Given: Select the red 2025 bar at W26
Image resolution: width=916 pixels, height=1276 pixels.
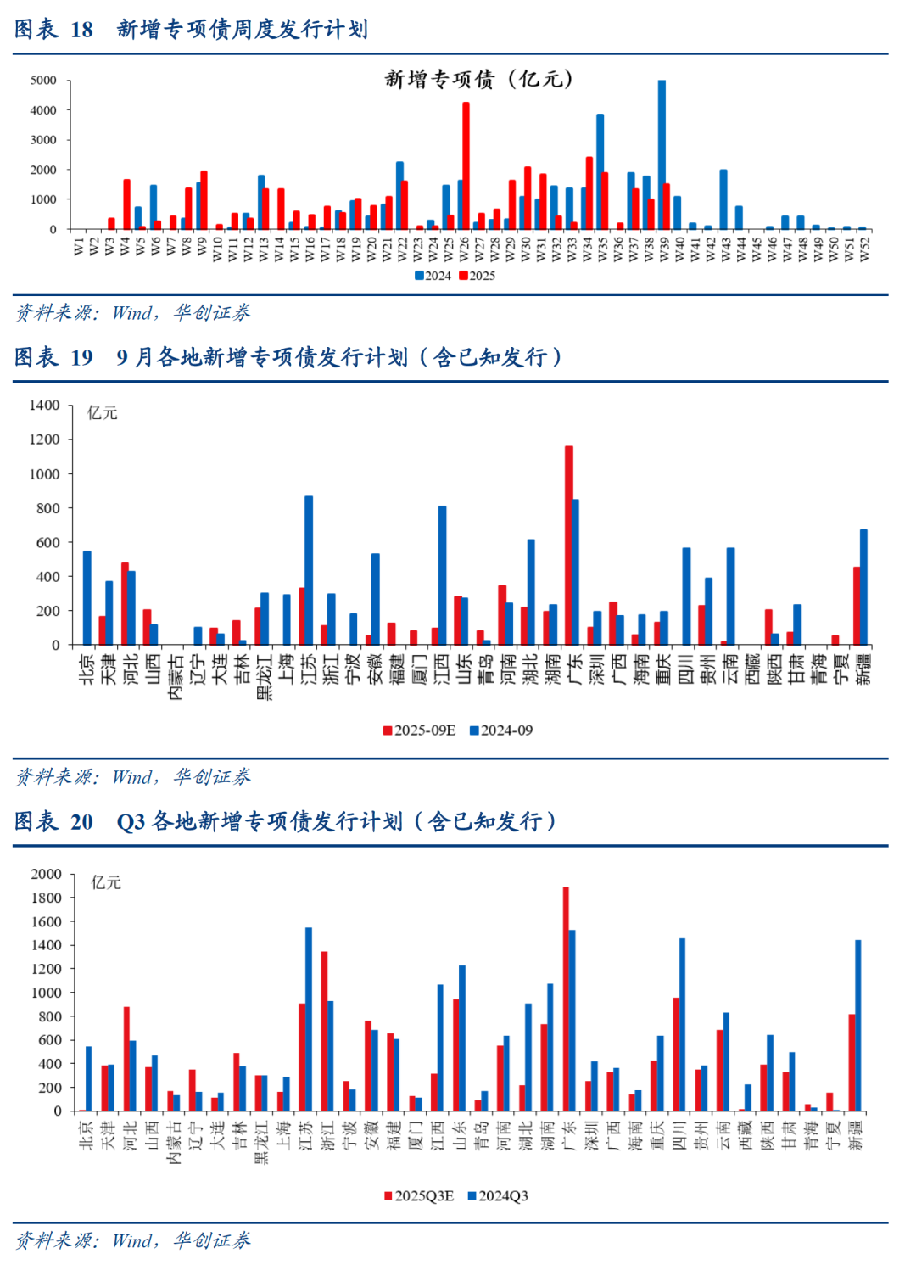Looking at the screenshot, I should click(466, 165).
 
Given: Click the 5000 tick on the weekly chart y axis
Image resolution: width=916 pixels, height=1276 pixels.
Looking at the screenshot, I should click(43, 81).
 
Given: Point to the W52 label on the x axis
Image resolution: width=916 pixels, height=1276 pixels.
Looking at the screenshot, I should click(864, 249).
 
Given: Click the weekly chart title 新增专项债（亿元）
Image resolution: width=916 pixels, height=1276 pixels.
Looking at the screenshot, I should click(479, 80).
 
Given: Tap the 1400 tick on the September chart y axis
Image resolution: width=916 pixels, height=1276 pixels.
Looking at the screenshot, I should click(45, 406).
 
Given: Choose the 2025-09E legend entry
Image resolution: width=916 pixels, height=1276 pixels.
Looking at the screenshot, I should click(419, 730).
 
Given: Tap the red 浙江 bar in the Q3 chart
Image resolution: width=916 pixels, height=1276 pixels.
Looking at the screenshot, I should click(324, 1031).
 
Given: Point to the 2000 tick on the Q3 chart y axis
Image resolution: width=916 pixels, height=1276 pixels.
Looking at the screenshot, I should click(47, 874).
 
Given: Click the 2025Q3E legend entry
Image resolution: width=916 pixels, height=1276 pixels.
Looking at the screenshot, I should click(419, 1196).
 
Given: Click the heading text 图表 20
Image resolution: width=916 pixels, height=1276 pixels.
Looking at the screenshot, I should click(53, 821).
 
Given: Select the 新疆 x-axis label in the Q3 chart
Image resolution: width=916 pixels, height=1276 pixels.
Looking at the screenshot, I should click(856, 1135).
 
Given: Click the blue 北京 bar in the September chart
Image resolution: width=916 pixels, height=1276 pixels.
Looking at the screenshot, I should click(87, 597).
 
